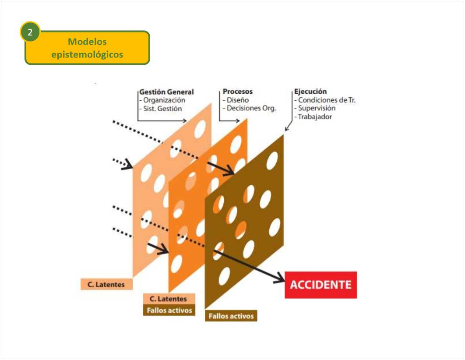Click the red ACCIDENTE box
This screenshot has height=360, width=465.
click(321, 285)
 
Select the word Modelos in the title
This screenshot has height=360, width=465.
click(87, 42)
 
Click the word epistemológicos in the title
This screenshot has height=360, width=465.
click(87, 55)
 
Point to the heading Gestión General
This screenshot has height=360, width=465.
click(166, 92)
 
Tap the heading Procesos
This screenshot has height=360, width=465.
click(238, 92)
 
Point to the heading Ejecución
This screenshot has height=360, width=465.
click(310, 92)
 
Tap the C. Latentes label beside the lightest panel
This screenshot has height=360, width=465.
click(106, 285)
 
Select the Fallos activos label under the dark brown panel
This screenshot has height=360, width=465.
click(231, 316)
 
